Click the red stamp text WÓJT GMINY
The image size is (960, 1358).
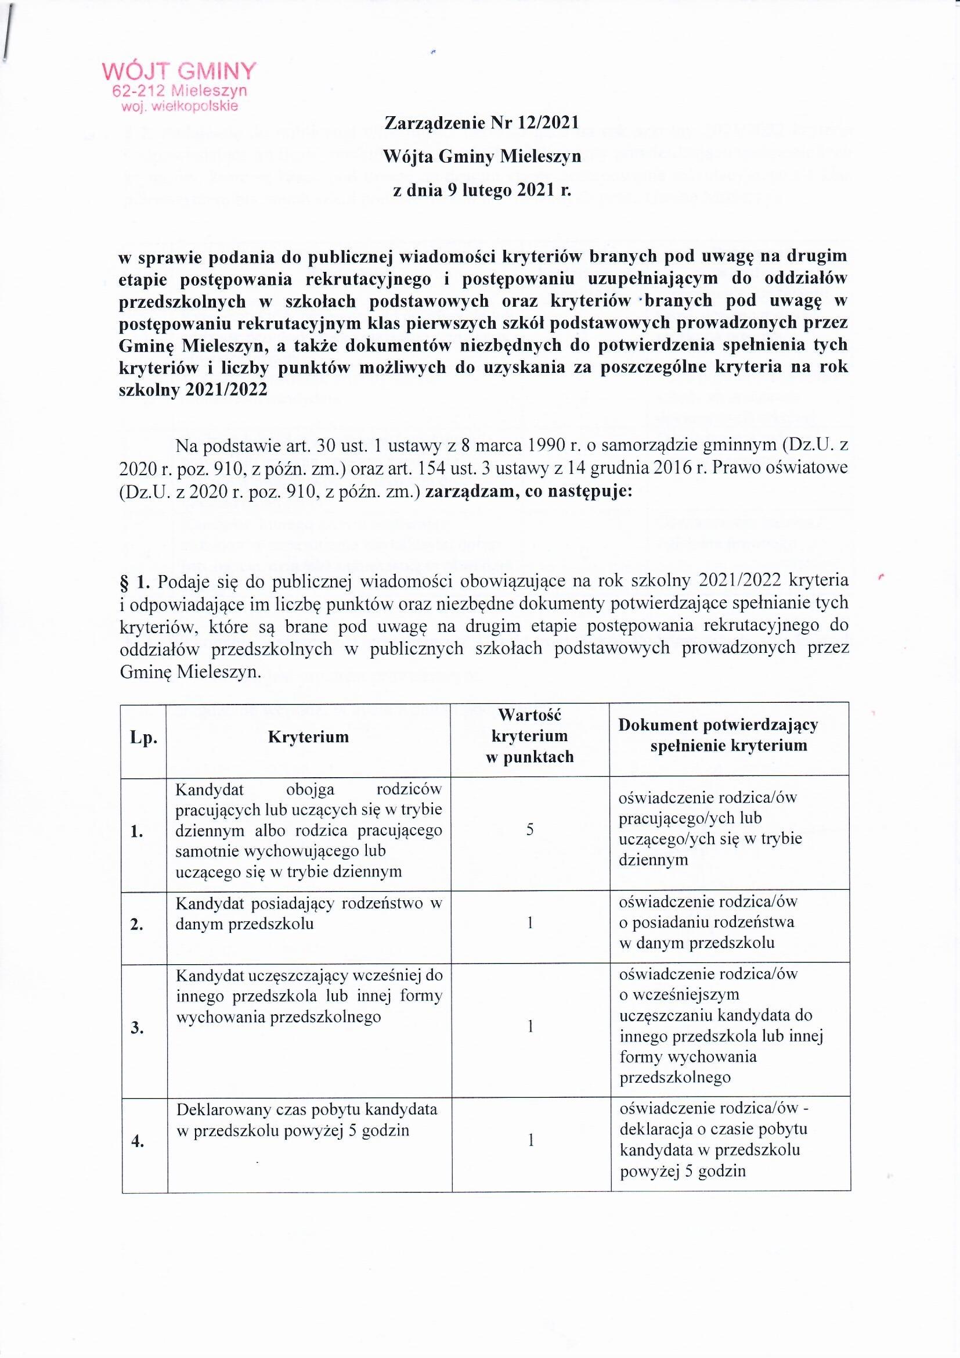[x=179, y=71]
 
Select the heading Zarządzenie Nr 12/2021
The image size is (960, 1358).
[x=481, y=123]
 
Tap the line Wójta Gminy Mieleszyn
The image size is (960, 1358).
[x=482, y=156]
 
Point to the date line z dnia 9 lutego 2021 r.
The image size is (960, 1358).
[x=482, y=191]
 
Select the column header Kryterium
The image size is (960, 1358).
[x=308, y=737]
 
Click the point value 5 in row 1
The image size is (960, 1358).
[x=530, y=830]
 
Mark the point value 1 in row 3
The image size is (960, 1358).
[x=531, y=1027]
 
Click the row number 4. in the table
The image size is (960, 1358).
[x=138, y=1142]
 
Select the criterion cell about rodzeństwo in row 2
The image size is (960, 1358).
[x=308, y=914]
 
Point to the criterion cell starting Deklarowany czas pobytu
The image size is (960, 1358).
[x=307, y=1120]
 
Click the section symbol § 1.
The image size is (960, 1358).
[x=134, y=581]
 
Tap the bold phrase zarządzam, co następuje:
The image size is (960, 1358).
[x=528, y=492]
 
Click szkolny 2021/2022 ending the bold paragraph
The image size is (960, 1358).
[x=193, y=389]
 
